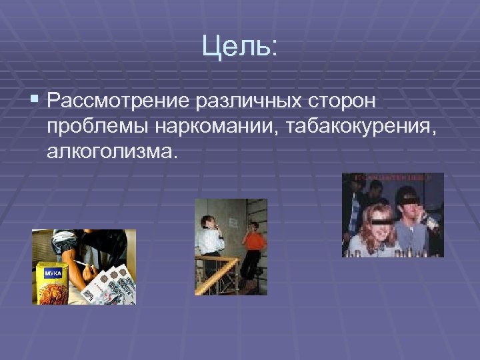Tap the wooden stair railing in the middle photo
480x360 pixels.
(x=220, y=273)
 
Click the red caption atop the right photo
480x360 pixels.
(x=393, y=178)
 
